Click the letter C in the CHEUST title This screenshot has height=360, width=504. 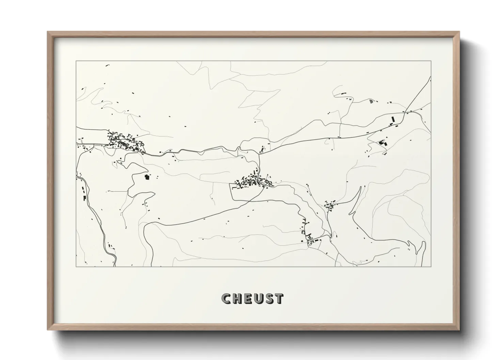click(226, 298)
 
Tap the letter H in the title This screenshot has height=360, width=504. click(237, 298)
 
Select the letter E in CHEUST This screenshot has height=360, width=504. click(248, 298)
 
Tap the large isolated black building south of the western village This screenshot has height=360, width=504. click(147, 177)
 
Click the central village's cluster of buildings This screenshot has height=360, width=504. click(254, 181)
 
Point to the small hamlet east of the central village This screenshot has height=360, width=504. click(329, 205)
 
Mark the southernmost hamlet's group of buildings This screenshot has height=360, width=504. click(312, 240)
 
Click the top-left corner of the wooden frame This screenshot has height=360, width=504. click(48, 32)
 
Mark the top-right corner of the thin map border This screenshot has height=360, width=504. click(431, 61)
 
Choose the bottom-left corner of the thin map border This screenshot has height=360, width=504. click(76, 266)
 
